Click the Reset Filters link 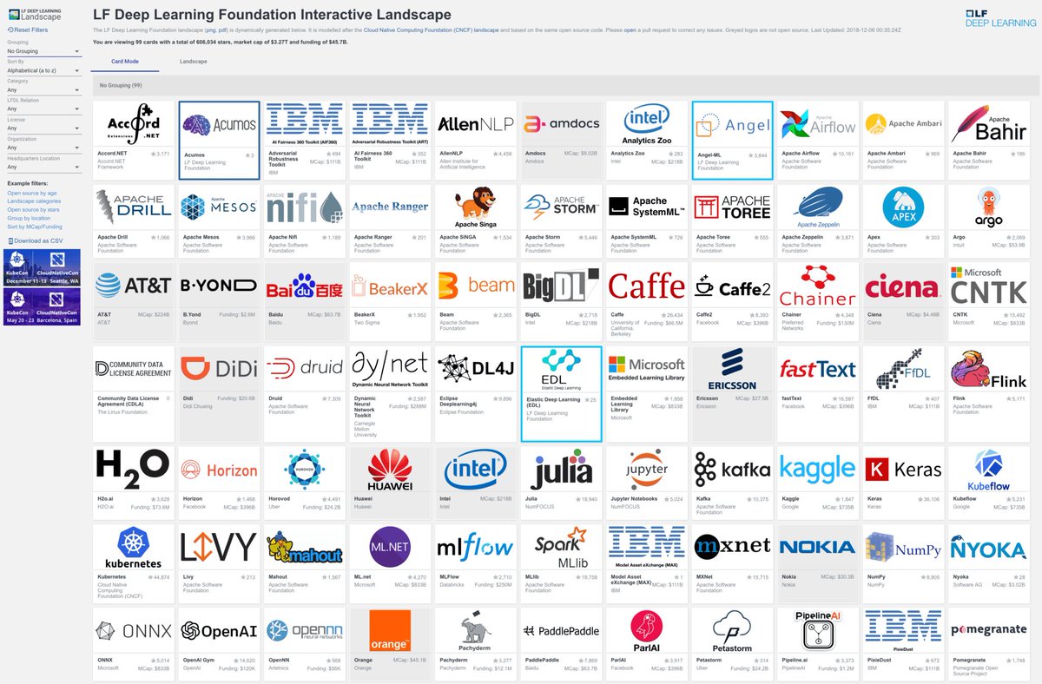tap(30, 30)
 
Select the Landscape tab tap(193, 62)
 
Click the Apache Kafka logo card tap(732, 470)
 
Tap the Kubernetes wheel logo tap(134, 544)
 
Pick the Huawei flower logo tap(389, 470)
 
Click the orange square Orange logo tap(389, 631)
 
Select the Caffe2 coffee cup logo tap(732, 287)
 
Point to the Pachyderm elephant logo tap(475, 631)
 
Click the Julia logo tap(561, 470)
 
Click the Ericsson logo tap(732, 368)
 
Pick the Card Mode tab tap(125, 62)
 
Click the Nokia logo tap(817, 547)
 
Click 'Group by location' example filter tap(29, 218)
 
